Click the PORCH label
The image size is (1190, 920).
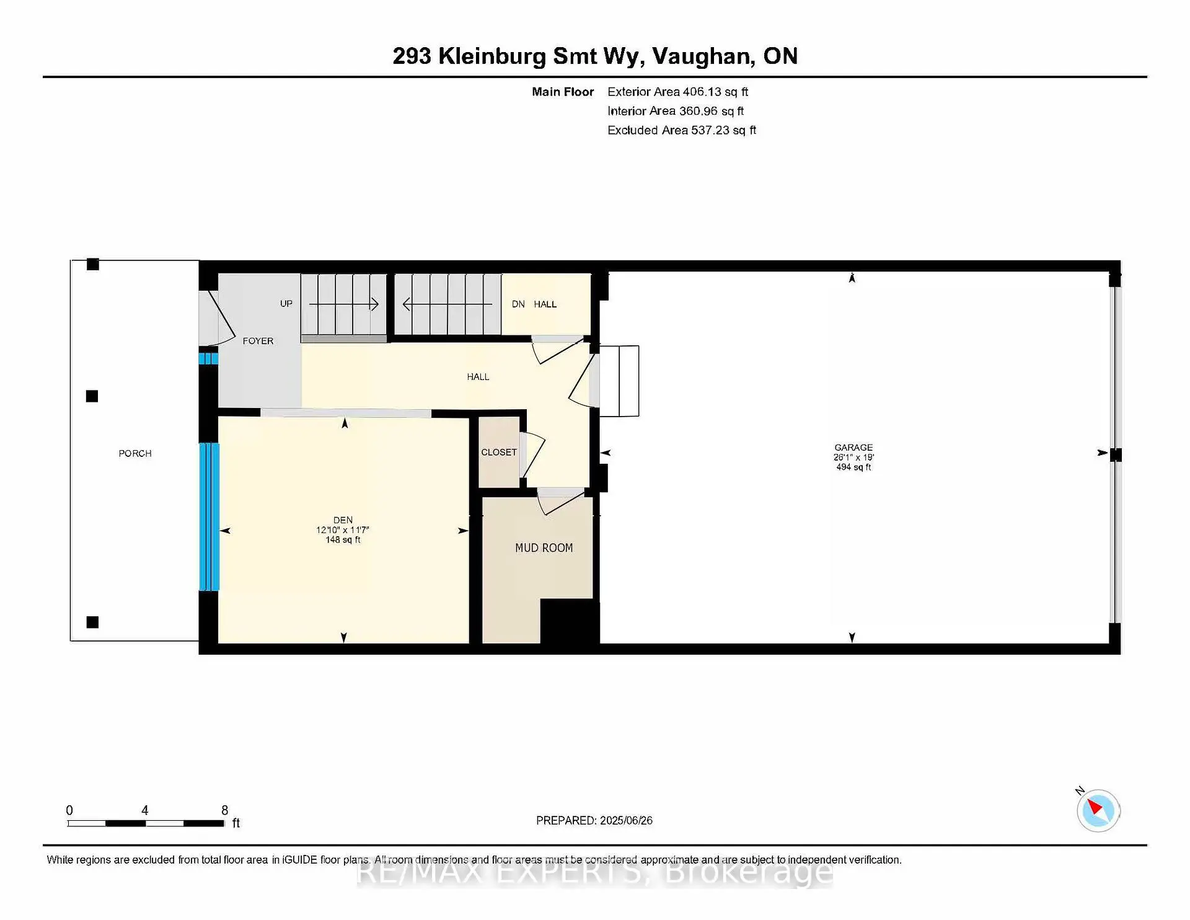pos(135,454)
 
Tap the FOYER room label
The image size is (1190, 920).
pos(258,341)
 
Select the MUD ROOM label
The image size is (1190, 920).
pos(544,548)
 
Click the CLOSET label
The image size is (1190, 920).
pos(498,453)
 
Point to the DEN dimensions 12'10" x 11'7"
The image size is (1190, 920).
pos(343,530)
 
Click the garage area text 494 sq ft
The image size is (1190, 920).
pos(853,467)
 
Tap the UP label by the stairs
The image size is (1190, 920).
pos(286,304)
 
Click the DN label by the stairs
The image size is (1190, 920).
pos(518,304)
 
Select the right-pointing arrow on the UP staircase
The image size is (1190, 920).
pos(374,304)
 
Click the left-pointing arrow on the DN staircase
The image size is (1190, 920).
pos(407,304)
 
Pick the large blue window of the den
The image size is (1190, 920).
pos(209,516)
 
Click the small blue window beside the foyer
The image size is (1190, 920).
pos(208,358)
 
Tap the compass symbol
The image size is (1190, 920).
pos(1098,810)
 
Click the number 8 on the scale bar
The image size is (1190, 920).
pos(224,810)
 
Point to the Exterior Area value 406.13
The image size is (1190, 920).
pos(702,92)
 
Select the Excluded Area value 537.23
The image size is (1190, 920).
pos(710,130)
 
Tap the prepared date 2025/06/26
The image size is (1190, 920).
pos(626,821)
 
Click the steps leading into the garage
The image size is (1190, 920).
pos(619,381)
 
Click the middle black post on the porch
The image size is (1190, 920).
pos(92,396)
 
